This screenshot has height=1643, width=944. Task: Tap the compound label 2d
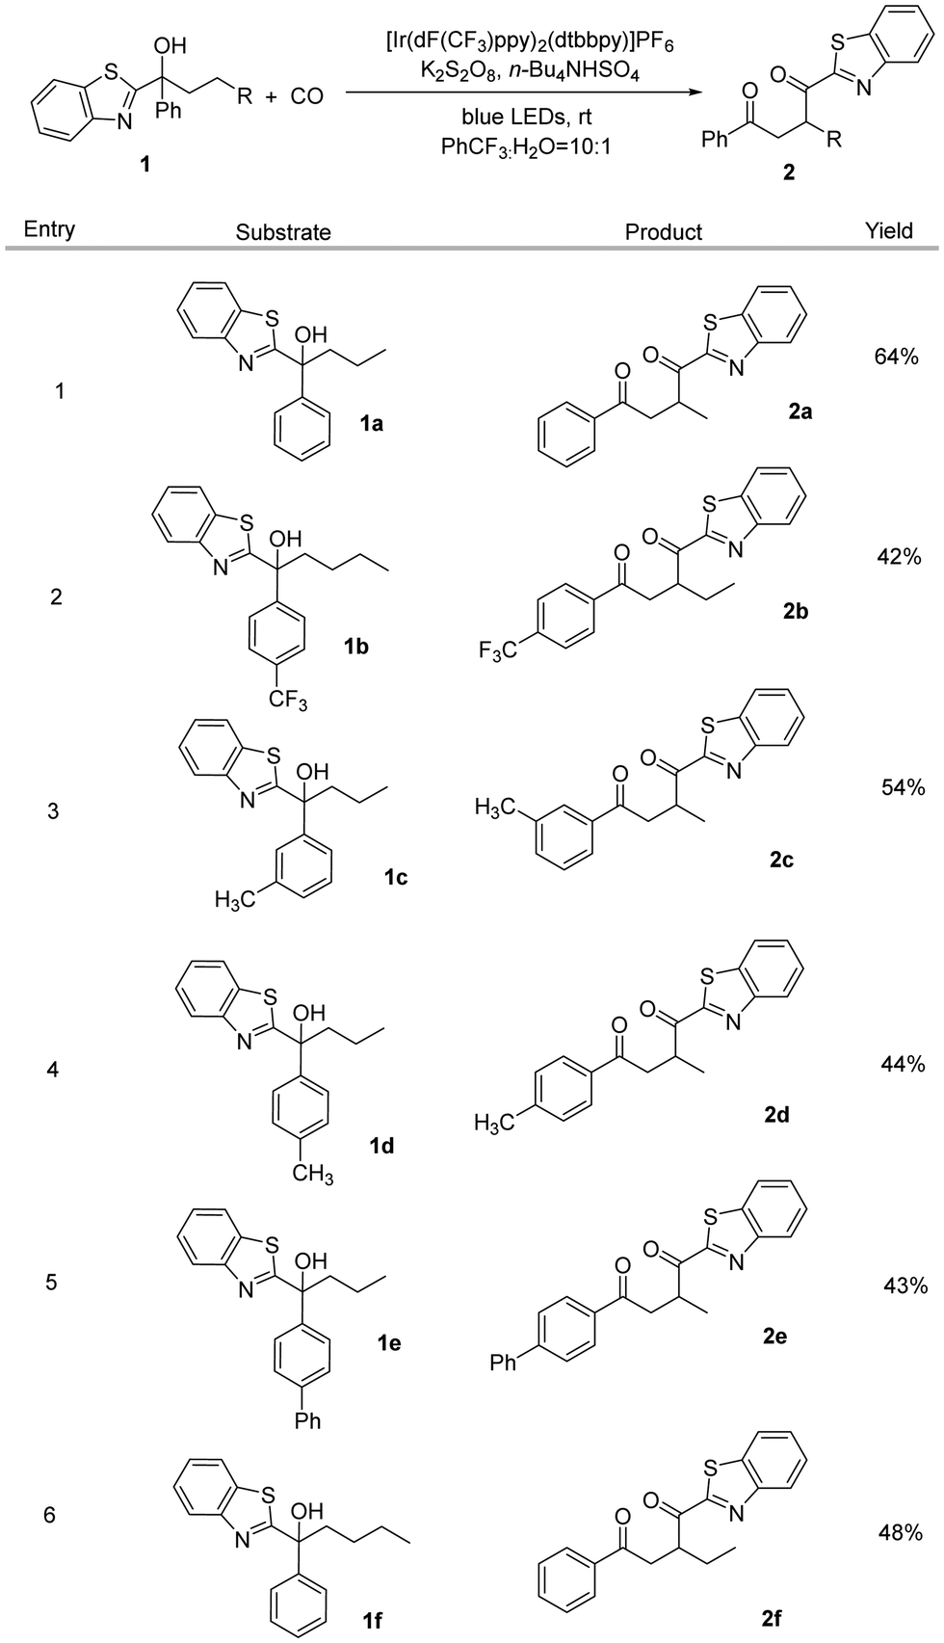[x=777, y=1114]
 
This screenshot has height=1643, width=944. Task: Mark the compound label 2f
[x=771, y=1620]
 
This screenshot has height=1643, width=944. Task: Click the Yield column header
[x=888, y=230]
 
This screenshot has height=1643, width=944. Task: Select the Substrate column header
[x=283, y=232]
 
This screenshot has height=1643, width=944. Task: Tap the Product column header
[x=664, y=232]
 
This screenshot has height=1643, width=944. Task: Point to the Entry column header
[x=50, y=229]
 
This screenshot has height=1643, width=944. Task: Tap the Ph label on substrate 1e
[x=307, y=1419]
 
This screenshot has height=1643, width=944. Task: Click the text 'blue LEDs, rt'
[x=526, y=119]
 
